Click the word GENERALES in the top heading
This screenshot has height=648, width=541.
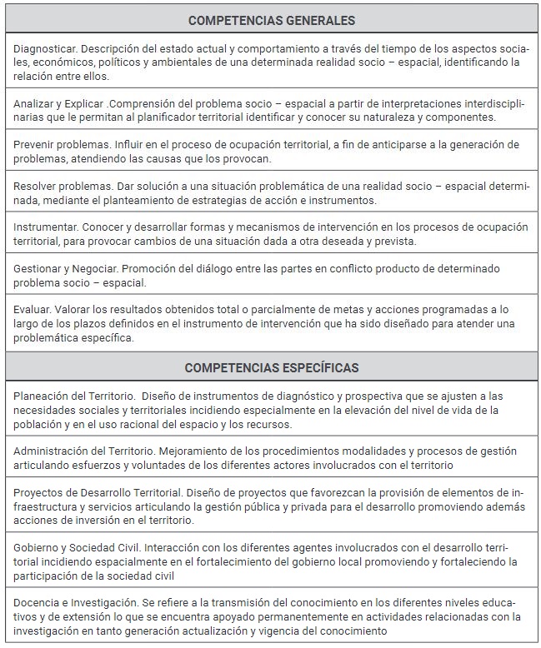pyautogui.click(x=315, y=20)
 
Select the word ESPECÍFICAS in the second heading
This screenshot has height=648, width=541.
pyautogui.click(x=317, y=367)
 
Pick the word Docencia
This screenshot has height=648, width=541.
pyautogui.click(x=38, y=602)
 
